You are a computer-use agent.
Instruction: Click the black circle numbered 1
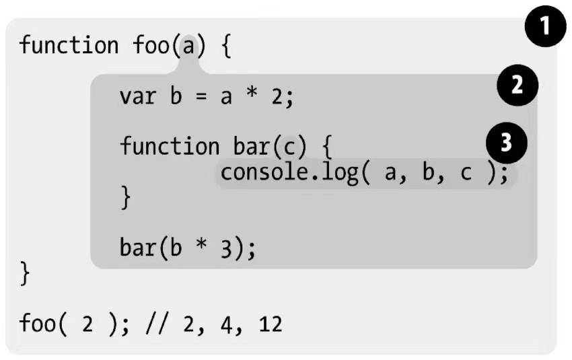point(545,26)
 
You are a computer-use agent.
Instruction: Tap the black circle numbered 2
point(517,85)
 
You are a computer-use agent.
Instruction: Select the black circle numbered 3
point(506,143)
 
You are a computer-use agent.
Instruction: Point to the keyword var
point(137,97)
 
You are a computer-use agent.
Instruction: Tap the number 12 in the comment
point(271,324)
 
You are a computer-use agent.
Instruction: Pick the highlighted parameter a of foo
point(188,46)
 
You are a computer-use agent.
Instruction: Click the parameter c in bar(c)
point(289,147)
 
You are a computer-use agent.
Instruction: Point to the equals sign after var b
point(201,97)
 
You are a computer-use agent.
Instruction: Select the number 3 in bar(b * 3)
point(226,249)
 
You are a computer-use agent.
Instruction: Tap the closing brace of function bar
point(125,197)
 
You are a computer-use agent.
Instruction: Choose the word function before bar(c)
point(170,146)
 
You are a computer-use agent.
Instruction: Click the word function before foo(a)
point(69,45)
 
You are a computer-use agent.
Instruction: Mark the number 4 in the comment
point(227,324)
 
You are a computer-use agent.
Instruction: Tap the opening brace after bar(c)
point(328,147)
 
